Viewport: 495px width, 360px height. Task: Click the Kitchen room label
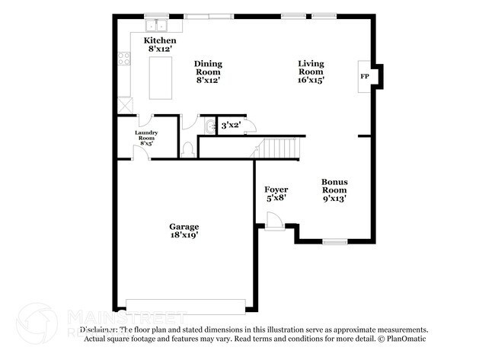[x=161, y=45]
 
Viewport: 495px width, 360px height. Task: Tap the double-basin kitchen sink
[x=158, y=24]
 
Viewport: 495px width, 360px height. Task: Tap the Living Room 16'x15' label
[x=311, y=72]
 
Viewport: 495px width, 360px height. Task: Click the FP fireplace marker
[x=364, y=77]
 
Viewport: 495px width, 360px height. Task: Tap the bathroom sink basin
[x=209, y=126]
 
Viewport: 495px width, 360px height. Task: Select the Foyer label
[x=275, y=193]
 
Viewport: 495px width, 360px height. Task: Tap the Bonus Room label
[x=334, y=190]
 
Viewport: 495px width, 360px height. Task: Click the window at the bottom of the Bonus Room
[x=334, y=241]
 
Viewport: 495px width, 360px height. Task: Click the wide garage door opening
[x=186, y=306]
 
